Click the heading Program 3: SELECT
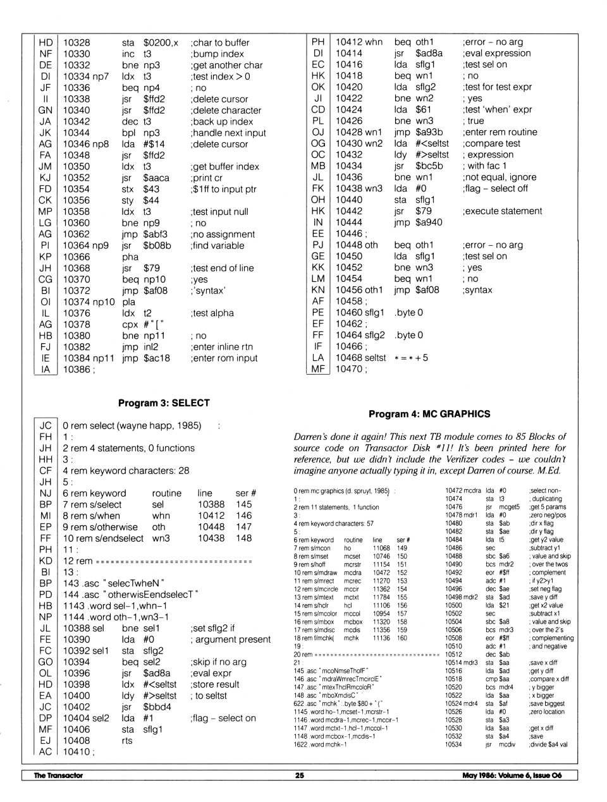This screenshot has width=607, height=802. (164, 403)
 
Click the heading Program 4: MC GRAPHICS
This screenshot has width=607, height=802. (429, 414)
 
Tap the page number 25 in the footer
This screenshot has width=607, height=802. (300, 775)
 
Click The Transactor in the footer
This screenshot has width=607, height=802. (58, 775)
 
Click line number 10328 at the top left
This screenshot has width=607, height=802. (77, 43)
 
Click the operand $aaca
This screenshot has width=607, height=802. (156, 178)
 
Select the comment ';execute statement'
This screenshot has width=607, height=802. (503, 211)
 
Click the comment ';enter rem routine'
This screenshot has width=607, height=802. (500, 132)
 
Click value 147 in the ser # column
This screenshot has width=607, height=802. (243, 527)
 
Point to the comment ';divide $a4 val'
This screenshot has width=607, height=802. (549, 744)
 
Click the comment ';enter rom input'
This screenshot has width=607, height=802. (224, 358)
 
